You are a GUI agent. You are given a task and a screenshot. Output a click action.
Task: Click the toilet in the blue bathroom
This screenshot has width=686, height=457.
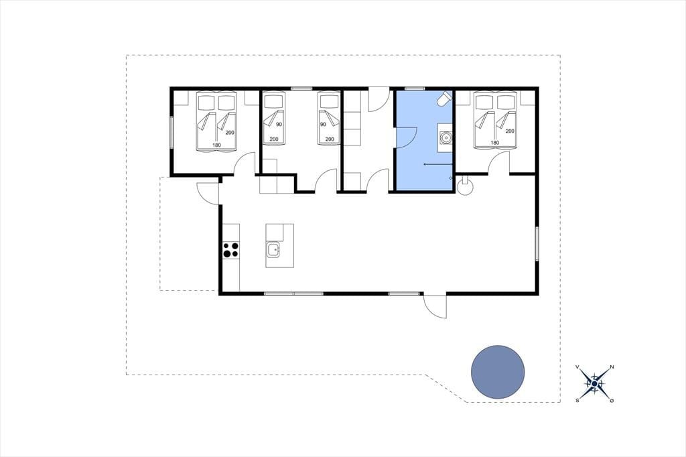tap(444, 99)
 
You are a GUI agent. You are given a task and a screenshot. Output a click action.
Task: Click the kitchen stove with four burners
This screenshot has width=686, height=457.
tap(231, 250)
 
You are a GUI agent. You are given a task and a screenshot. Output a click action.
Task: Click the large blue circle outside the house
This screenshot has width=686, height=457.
tap(498, 372)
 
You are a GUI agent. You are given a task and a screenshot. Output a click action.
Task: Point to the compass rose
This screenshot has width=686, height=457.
tap(595, 384)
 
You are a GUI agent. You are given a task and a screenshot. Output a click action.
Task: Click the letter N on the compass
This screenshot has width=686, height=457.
tap(612, 367)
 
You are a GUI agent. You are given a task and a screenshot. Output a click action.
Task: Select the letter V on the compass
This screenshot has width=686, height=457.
tap(577, 367)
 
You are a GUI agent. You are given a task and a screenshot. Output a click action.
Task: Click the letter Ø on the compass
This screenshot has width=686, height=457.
tap(612, 401)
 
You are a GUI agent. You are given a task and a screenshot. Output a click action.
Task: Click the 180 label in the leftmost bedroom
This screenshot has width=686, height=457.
tap(216, 145)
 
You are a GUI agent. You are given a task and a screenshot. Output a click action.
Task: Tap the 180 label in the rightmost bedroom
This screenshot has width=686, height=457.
tap(495, 143)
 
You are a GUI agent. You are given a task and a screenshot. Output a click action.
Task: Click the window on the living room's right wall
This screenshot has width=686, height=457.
tap(537, 244)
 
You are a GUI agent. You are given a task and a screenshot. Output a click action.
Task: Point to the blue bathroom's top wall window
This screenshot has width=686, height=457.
tap(415, 88)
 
